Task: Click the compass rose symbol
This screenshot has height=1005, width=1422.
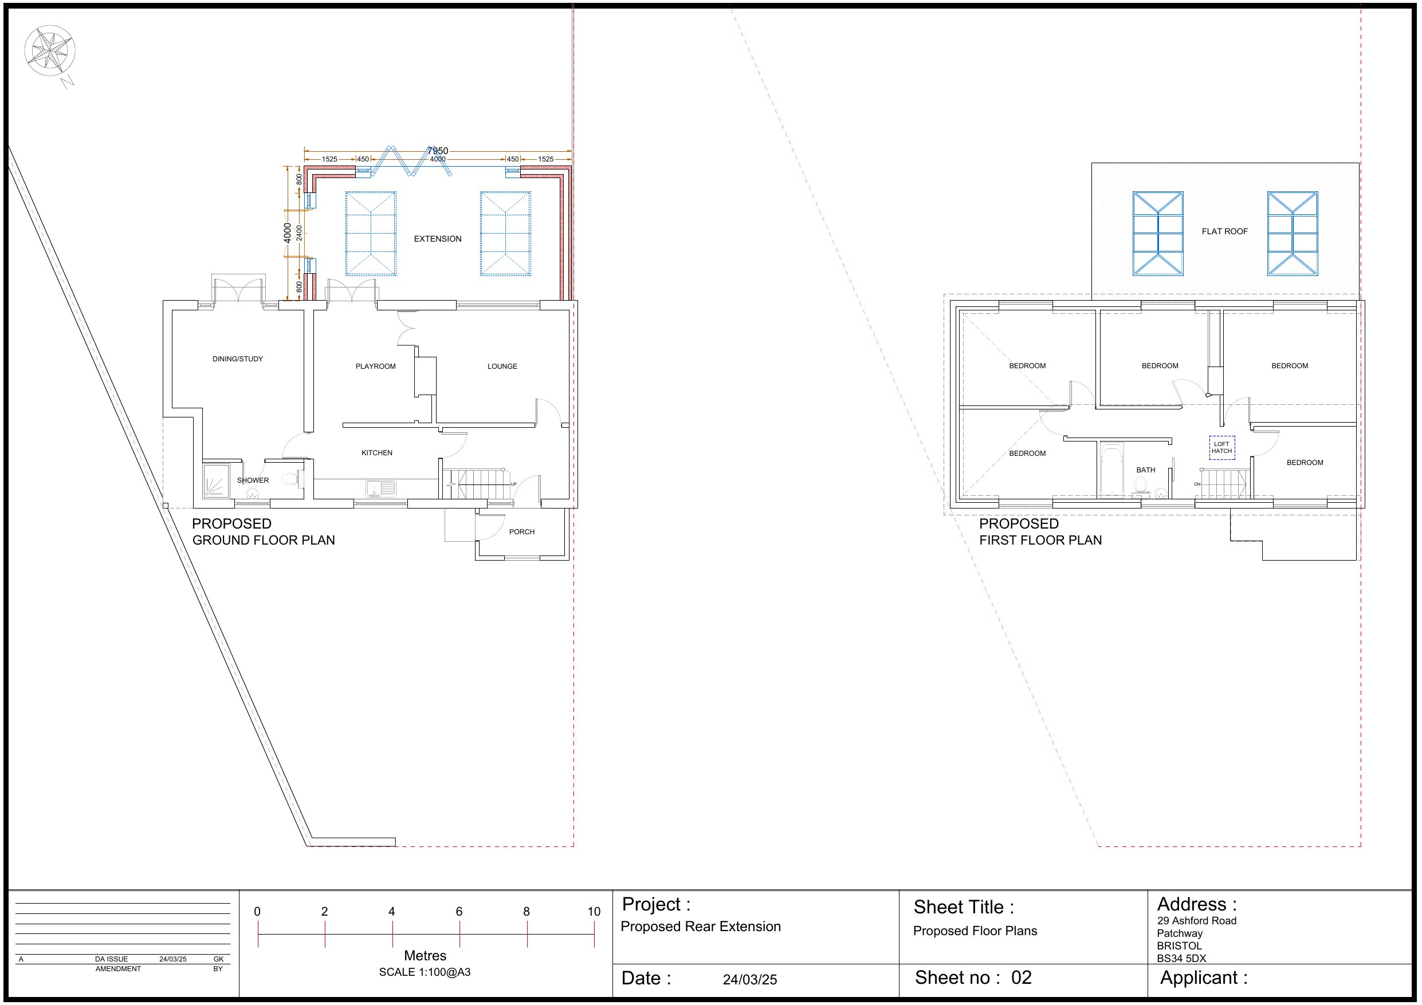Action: point(49,51)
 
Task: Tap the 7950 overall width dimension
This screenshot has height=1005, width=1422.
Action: point(437,151)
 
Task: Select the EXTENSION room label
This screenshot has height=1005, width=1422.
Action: point(437,239)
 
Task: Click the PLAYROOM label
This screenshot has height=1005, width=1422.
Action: point(375,366)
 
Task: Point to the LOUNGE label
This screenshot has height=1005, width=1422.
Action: point(502,366)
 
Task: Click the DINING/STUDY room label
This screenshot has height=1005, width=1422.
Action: point(237,359)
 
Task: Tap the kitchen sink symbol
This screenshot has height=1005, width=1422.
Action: point(381,488)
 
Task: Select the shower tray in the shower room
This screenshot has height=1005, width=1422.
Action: point(216,481)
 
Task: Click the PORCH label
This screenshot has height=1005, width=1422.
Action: point(521,532)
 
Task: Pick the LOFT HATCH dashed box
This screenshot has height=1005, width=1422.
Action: point(1221,448)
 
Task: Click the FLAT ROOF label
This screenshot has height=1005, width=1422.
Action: point(1224,231)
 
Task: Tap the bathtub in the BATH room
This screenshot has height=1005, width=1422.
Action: point(1111,470)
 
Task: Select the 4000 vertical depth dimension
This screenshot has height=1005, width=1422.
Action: point(288,234)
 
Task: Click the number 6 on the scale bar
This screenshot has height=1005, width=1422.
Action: point(459,912)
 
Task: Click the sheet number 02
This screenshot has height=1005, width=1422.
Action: point(1022,978)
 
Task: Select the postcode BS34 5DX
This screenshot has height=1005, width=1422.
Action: point(1181,959)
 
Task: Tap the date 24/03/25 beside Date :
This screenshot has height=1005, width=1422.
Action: point(749,980)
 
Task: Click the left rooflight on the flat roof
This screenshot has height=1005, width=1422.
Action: point(1157,234)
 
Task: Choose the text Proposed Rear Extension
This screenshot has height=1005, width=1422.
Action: point(701,927)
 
